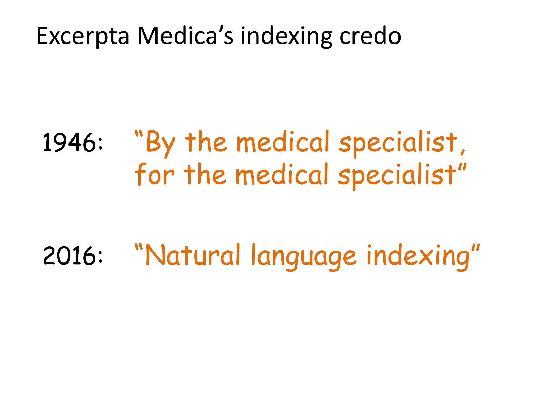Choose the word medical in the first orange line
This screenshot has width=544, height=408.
(283, 142)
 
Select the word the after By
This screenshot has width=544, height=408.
(206, 142)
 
